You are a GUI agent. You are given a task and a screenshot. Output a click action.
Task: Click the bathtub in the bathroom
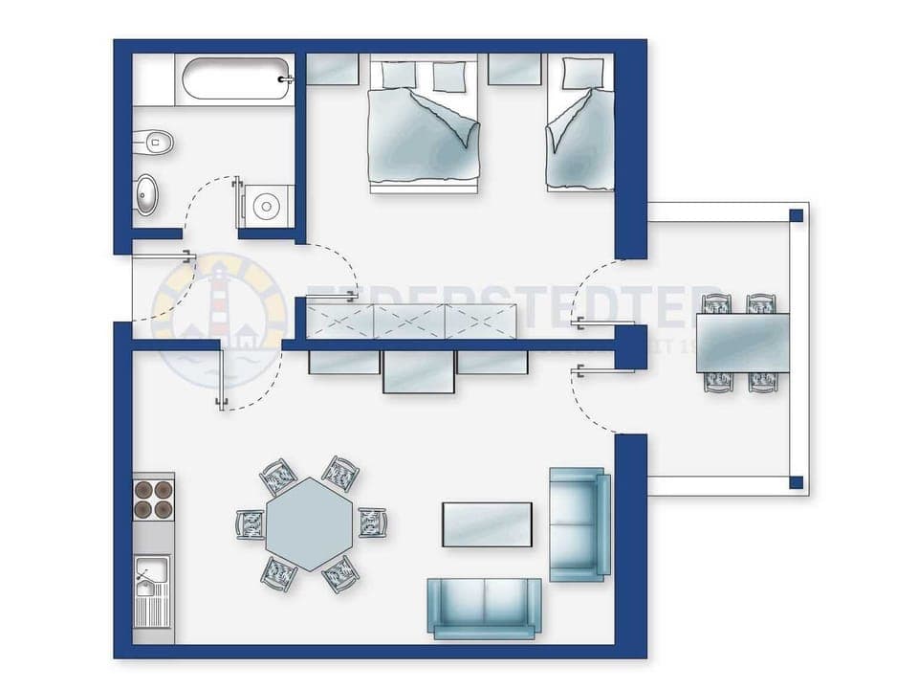[232, 79]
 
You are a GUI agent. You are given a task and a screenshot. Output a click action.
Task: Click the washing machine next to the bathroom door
[264, 205]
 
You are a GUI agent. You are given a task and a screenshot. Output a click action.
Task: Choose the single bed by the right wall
[579, 129]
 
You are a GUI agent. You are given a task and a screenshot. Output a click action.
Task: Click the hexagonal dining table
[310, 524]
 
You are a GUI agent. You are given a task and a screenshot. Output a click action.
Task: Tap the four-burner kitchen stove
[153, 498]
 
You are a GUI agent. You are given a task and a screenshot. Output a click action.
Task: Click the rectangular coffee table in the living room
[487, 524]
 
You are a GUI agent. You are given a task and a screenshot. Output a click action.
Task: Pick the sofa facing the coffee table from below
[484, 607]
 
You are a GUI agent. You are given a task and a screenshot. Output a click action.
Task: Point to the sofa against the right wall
[579, 523]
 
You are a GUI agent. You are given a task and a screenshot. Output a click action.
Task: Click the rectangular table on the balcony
[743, 343]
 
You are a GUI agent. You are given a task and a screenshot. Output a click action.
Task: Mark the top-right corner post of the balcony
[796, 215]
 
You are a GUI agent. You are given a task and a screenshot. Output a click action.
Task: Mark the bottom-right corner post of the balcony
[796, 482]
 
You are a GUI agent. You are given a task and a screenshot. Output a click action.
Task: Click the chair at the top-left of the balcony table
[716, 304]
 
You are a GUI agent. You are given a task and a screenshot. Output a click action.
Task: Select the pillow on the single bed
[582, 73]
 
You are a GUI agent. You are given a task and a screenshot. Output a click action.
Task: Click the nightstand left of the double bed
[332, 69]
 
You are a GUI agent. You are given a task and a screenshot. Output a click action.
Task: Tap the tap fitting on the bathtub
[285, 79]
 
